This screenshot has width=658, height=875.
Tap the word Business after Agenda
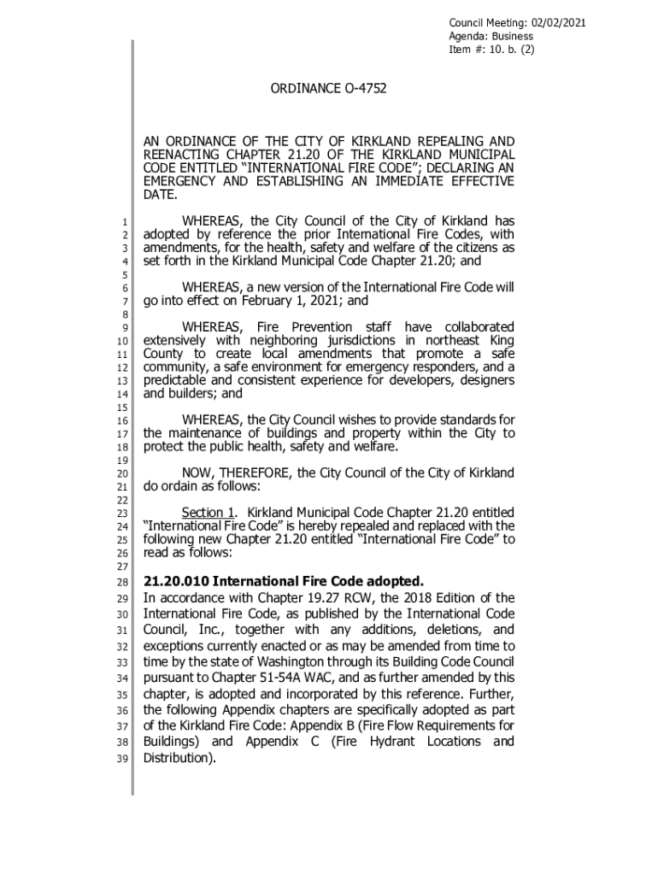pyautogui.click(x=510, y=36)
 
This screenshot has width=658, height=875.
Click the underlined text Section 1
pyautogui.click(x=209, y=513)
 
